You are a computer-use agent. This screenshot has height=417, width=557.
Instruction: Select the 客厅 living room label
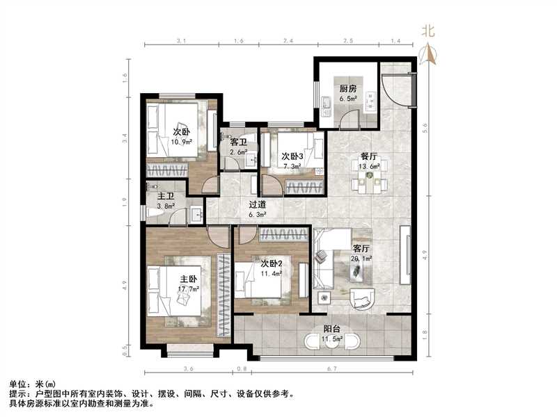(361, 248)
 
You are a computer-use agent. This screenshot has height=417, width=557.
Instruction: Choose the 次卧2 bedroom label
(271, 263)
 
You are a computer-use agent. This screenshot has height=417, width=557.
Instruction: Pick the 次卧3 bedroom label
(291, 157)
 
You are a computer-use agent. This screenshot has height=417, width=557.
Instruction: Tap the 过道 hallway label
(258, 205)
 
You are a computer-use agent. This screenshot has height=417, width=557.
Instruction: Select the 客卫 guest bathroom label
(238, 142)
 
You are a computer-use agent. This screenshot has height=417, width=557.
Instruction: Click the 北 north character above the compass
(427, 31)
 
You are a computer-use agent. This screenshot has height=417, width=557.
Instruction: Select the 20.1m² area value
(362, 258)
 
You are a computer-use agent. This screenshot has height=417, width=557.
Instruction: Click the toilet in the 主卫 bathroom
(156, 211)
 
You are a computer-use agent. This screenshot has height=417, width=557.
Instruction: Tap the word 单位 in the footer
(17, 384)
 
